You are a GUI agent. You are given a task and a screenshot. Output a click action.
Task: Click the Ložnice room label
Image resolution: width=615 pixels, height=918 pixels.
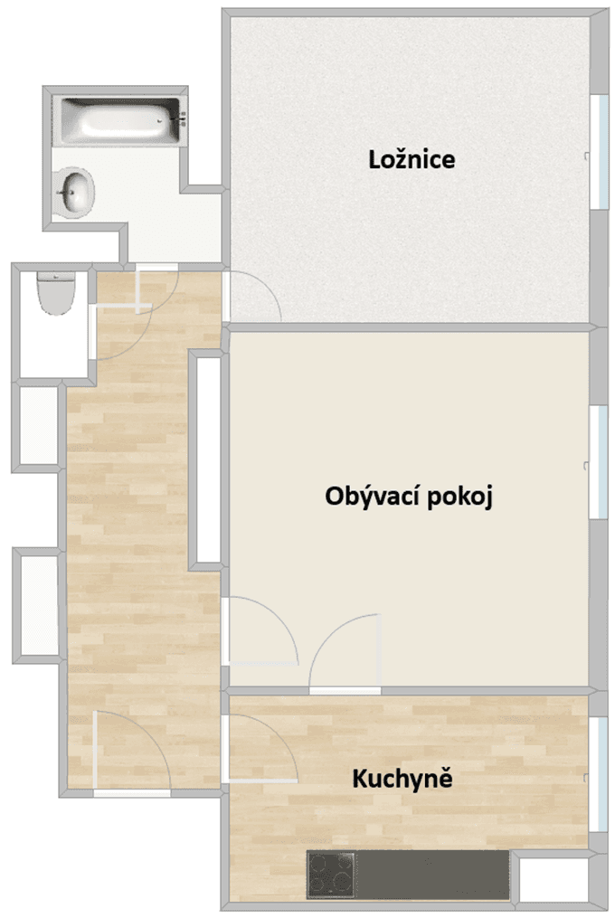412,160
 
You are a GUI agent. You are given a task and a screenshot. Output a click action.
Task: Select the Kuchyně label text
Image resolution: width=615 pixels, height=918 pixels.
402,778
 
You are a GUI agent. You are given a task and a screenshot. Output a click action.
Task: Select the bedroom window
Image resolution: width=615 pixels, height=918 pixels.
598,150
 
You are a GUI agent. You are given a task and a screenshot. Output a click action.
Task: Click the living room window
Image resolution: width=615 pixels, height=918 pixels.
598,462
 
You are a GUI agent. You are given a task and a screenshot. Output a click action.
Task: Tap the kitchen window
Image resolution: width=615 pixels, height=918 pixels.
599,773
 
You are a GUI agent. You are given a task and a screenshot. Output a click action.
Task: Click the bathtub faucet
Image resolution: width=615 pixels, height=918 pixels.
179,117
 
